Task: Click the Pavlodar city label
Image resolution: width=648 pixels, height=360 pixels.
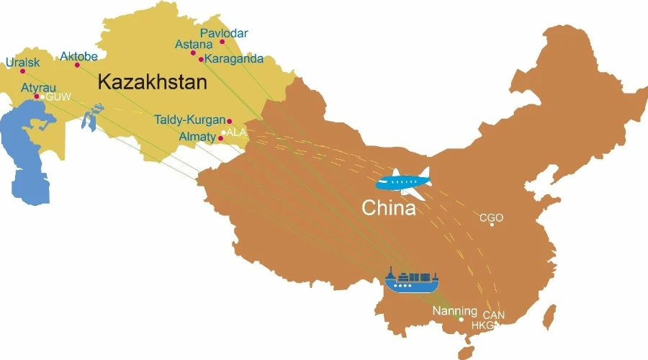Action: pyautogui.click(x=224, y=33)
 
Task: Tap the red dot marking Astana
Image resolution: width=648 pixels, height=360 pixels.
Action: pyautogui.click(x=193, y=53)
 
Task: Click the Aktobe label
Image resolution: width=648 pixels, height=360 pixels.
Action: pyautogui.click(x=78, y=56)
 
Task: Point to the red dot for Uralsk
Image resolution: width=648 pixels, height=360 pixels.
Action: pyautogui.click(x=22, y=71)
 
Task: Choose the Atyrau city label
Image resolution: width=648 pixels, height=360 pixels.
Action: pyautogui.click(x=38, y=87)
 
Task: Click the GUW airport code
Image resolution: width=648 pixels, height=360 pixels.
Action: pyautogui.click(x=58, y=96)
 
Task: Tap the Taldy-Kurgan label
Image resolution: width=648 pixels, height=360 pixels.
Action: pyautogui.click(x=189, y=120)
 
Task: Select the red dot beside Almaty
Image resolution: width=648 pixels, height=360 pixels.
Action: pyautogui.click(x=220, y=138)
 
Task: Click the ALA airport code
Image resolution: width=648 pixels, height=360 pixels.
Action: pyautogui.click(x=237, y=132)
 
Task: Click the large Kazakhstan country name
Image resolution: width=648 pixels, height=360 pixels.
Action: pyautogui.click(x=152, y=82)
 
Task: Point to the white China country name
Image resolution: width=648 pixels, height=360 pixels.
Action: pyautogui.click(x=388, y=209)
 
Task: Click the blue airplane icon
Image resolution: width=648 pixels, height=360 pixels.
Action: pyautogui.click(x=403, y=182)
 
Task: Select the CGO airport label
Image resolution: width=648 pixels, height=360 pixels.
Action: pyautogui.click(x=491, y=217)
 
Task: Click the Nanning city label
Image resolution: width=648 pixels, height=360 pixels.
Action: pyautogui.click(x=454, y=311)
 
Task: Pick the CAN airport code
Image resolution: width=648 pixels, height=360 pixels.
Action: pyautogui.click(x=493, y=315)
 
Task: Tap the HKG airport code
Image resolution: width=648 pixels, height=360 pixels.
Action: pyautogui.click(x=483, y=325)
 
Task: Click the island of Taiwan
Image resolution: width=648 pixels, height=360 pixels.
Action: pyautogui.click(x=549, y=318)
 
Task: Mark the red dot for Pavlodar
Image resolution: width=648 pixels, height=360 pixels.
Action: pyautogui.click(x=222, y=42)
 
